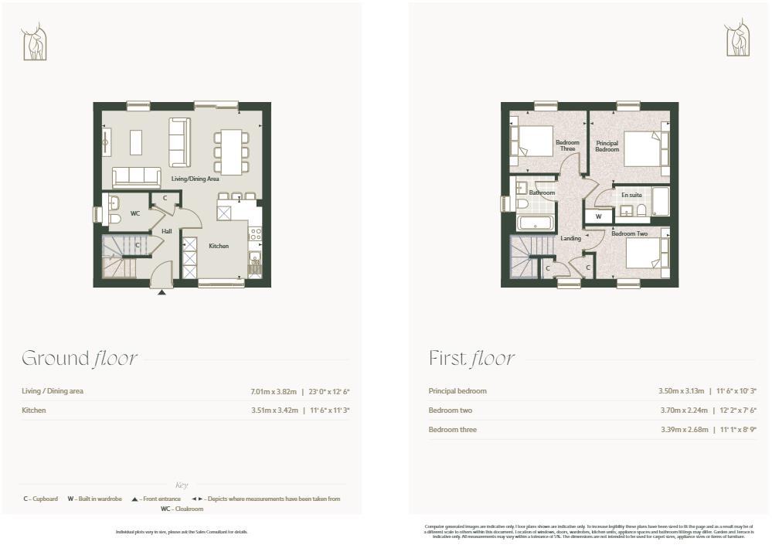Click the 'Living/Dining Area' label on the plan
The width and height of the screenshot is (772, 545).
coord(195,179)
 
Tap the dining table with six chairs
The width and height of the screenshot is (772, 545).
coord(232,152)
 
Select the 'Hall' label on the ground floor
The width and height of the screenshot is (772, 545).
coord(166,231)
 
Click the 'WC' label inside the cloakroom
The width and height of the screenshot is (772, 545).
coord(134,213)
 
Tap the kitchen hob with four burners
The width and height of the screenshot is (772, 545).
coord(255,233)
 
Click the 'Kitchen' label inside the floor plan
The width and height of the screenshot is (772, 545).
coord(219,246)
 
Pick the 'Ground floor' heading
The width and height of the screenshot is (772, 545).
coord(80,359)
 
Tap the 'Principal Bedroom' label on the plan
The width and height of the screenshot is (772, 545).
coord(607,146)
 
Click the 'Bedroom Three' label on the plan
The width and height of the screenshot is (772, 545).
coord(567,145)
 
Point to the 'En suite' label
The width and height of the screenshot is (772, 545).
coord(631,195)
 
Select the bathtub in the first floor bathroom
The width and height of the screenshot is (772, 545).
coord(534,223)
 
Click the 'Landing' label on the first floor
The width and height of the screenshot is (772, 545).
coord(570,239)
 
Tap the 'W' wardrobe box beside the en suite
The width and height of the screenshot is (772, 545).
coord(598,216)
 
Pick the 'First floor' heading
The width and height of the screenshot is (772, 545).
coord(471,359)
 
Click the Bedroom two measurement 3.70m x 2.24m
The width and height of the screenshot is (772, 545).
coord(679,410)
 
